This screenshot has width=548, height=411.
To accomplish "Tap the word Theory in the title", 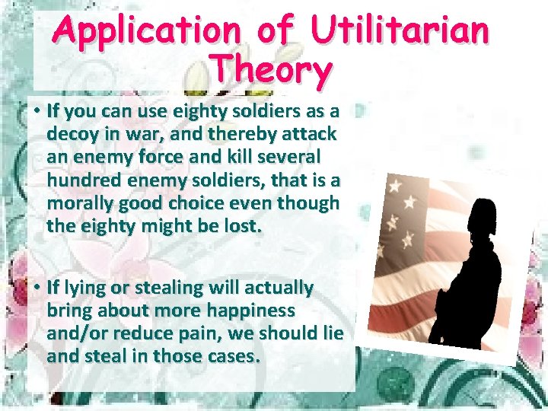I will [272, 70].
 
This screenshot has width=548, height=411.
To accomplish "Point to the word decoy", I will [72, 134].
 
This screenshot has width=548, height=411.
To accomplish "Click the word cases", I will [231, 356].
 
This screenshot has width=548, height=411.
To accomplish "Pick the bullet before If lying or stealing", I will [36, 288].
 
